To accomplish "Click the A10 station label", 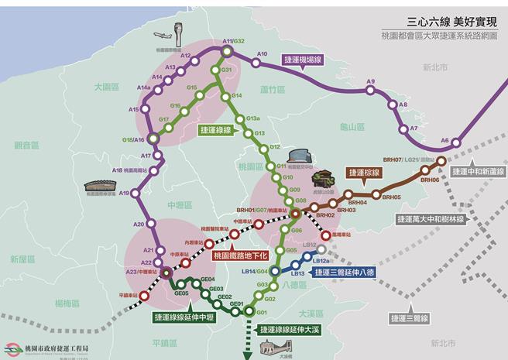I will click(262, 54).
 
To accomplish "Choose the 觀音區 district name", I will click(26, 145).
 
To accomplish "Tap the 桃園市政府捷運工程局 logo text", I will click(57, 348).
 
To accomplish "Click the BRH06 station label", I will click(430, 180).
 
